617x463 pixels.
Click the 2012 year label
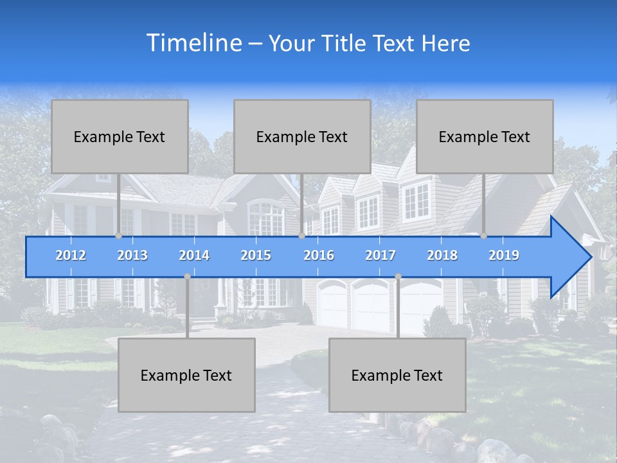click(71, 255)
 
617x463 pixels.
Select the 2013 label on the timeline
click(132, 255)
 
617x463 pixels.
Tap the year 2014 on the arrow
click(194, 255)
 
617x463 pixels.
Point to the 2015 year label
click(256, 255)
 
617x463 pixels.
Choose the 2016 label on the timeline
click(319, 255)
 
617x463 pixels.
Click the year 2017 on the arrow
click(380, 255)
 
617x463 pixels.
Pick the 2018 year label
click(442, 255)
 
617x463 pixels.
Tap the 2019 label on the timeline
click(504, 255)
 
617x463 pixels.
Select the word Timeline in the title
click(193, 43)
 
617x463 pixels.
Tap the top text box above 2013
click(120, 137)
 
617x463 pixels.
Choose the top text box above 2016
click(302, 137)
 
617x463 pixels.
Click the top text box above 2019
click(485, 137)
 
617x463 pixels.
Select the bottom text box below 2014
click(186, 376)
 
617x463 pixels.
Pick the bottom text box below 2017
click(397, 376)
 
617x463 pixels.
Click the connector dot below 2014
click(187, 277)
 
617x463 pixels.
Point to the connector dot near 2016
click(302, 236)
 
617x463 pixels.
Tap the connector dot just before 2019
click(484, 236)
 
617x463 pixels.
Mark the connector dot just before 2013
click(119, 236)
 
